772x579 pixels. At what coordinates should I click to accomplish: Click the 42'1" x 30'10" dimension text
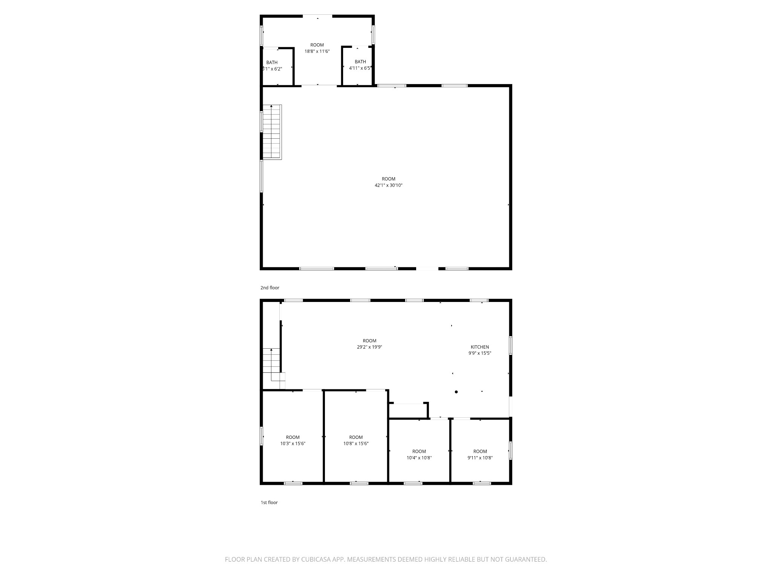[388, 185]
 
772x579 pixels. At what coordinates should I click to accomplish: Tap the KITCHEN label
[479, 347]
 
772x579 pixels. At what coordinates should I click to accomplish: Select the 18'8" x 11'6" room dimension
[317, 51]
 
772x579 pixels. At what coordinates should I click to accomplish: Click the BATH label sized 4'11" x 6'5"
[360, 62]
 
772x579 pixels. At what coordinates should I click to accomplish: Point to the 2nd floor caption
[270, 288]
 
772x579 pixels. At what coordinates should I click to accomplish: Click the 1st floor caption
[269, 502]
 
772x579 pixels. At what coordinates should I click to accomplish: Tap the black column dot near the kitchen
[456, 392]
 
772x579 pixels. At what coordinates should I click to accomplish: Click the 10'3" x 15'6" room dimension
[293, 444]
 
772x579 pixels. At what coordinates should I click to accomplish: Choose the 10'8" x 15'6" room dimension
[356, 444]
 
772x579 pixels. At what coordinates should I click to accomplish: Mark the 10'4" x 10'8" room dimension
[419, 458]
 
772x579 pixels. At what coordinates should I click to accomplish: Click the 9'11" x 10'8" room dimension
[480, 458]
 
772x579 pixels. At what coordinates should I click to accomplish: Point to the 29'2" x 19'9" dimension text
[369, 347]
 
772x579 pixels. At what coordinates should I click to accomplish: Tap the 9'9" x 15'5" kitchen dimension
[479, 353]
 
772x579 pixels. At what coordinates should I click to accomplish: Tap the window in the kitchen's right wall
[511, 345]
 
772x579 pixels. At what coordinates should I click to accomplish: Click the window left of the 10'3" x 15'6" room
[261, 436]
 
